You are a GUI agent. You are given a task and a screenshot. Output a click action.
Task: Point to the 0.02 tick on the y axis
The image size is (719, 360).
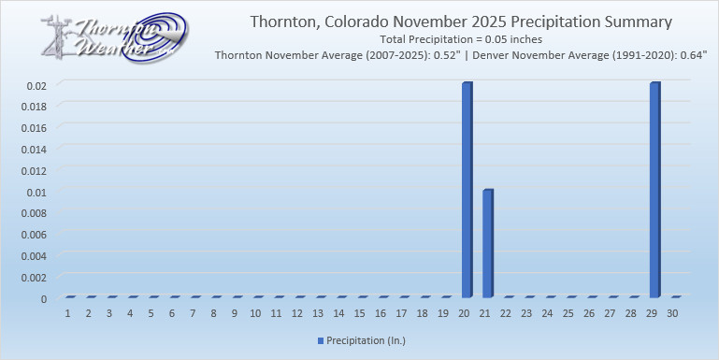tap(36, 84)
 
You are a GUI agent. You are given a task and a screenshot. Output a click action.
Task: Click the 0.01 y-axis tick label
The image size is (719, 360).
tap(36, 192)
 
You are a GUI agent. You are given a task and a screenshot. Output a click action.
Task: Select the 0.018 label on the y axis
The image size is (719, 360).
tap(32, 106)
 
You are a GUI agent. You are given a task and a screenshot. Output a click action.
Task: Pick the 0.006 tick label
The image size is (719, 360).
tap(32, 234)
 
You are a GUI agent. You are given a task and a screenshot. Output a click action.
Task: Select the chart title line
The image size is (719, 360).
tap(461, 22)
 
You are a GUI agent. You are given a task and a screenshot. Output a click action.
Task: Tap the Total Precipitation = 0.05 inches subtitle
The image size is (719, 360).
tap(461, 39)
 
